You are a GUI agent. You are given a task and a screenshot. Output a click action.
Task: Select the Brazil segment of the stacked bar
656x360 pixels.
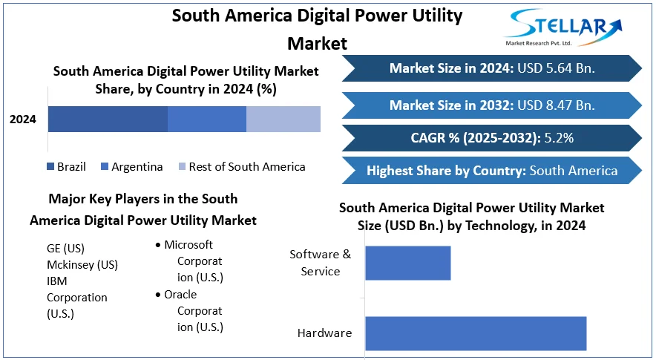(x=108, y=119)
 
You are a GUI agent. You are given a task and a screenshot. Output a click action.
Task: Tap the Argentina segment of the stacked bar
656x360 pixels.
(x=206, y=119)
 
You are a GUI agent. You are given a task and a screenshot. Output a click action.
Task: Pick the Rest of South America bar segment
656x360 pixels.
(x=283, y=119)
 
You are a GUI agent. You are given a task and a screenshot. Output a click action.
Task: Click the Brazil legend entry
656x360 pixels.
(x=66, y=166)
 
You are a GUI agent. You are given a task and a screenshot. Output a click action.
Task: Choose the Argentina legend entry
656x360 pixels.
(x=131, y=166)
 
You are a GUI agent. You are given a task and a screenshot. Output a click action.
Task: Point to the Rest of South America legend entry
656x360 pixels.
(x=240, y=166)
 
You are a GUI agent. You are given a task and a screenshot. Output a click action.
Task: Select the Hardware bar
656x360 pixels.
(x=475, y=333)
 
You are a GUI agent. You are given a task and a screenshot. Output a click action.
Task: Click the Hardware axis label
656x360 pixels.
(x=324, y=333)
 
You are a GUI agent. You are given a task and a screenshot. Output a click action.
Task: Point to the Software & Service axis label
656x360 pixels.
(x=321, y=263)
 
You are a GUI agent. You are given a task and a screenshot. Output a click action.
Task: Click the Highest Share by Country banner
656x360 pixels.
(x=491, y=171)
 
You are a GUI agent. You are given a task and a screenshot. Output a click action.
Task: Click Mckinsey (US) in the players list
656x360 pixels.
(x=82, y=264)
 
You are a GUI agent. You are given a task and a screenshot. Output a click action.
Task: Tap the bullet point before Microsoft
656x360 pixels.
(x=158, y=245)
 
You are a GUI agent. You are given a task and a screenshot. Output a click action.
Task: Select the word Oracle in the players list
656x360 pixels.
(x=180, y=295)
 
